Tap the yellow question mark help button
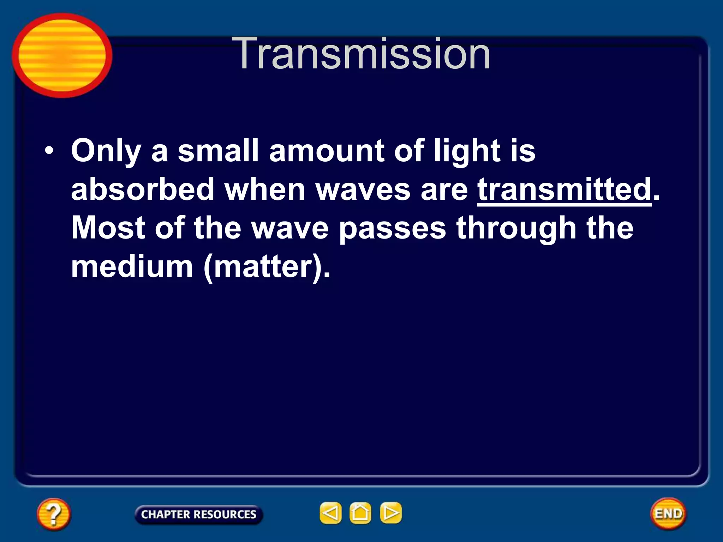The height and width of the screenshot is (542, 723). (x=54, y=514)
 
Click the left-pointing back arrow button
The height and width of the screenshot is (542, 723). (x=330, y=513)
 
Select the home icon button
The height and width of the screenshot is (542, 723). (x=360, y=513)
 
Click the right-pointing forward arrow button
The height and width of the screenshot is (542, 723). (x=390, y=513)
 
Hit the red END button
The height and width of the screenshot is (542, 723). (x=668, y=513)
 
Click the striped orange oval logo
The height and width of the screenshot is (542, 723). (x=62, y=55)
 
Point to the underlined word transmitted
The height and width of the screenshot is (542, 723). (x=564, y=189)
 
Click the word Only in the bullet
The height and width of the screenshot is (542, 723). (x=106, y=151)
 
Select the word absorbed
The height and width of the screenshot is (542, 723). (x=143, y=189)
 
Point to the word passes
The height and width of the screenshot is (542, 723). (x=393, y=228)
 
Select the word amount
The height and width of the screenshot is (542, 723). (x=327, y=151)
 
